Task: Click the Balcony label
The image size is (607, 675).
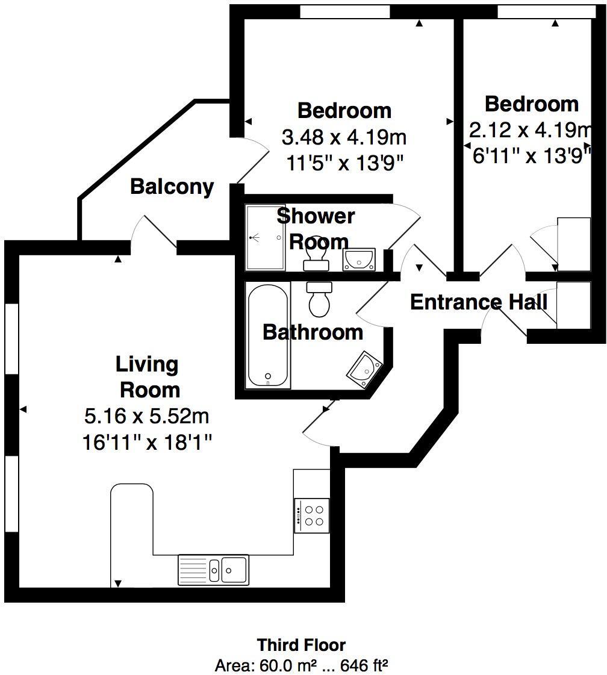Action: click(172, 187)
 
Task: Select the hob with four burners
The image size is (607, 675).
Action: click(312, 515)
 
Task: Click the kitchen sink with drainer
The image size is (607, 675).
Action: click(213, 569)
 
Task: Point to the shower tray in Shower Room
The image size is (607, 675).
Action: click(265, 237)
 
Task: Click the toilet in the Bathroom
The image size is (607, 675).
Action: click(319, 298)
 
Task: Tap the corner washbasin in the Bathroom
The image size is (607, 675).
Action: click(364, 369)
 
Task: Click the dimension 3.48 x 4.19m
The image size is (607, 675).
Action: click(344, 137)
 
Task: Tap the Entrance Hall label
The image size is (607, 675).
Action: click(479, 301)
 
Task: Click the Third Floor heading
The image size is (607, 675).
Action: click(302, 645)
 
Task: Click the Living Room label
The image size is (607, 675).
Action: click(148, 377)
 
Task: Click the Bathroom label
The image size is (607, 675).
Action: click(313, 332)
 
